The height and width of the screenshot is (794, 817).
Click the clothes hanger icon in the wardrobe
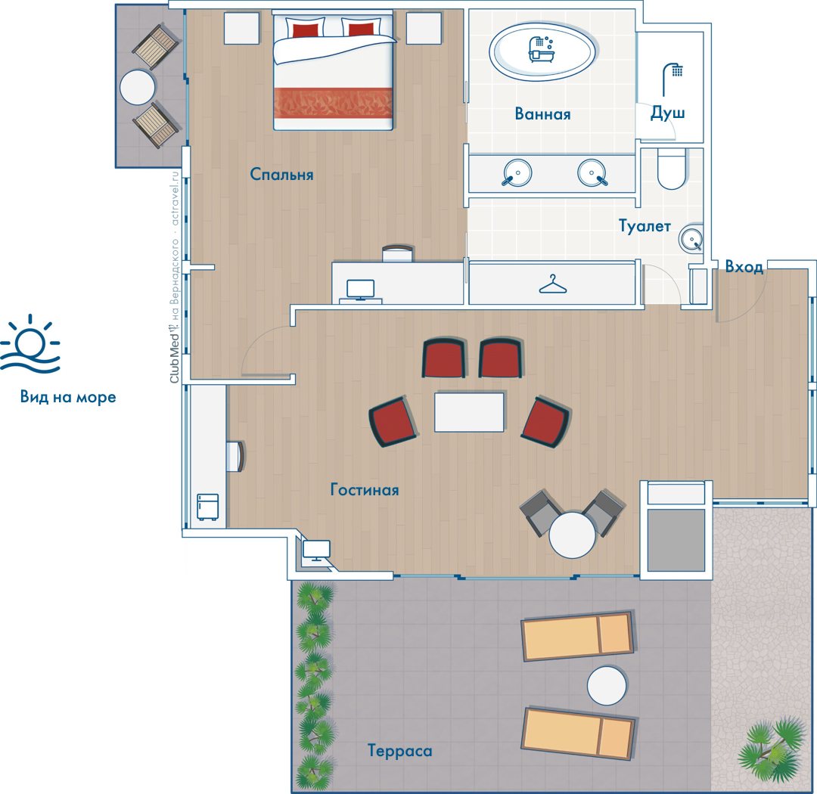pyautogui.click(x=553, y=284)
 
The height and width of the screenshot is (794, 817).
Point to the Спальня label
pyautogui.click(x=282, y=174)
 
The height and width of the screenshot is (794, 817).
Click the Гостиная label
pyautogui.click(x=365, y=490)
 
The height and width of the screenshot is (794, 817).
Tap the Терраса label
pyautogui.click(x=399, y=751)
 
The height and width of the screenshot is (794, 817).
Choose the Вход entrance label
pyautogui.click(x=744, y=267)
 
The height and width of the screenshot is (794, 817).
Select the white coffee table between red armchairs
pyautogui.click(x=470, y=412)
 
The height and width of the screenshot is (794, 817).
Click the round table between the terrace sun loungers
pyautogui.click(x=607, y=686)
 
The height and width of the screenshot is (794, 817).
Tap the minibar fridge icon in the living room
pyautogui.click(x=207, y=507)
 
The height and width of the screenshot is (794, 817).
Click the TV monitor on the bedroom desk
pyautogui.click(x=361, y=290)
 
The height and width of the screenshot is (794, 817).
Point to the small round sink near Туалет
pyautogui.click(x=691, y=238)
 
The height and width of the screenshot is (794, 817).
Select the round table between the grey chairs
pyautogui.click(x=572, y=535)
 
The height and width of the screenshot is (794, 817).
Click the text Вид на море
pyautogui.click(x=68, y=397)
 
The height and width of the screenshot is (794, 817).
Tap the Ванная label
pyautogui.click(x=542, y=113)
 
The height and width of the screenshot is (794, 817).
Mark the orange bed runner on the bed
pyautogui.click(x=333, y=103)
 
